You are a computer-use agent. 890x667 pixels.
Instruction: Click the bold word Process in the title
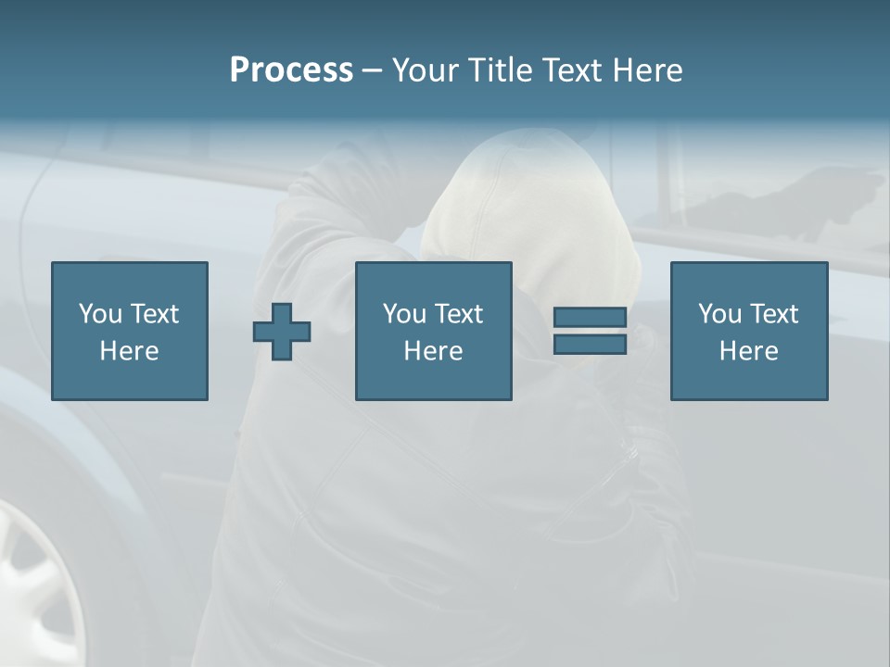[x=291, y=70]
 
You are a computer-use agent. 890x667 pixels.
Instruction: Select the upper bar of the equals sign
[x=590, y=318]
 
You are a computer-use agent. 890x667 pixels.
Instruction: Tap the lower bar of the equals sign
[x=590, y=344]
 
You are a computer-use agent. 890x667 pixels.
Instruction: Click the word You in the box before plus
[x=100, y=314]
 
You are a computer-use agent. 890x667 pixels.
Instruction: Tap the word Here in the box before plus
[x=129, y=351]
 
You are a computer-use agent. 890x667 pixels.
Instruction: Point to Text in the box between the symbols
[x=459, y=314]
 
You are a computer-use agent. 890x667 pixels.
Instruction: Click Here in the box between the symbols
[x=433, y=351]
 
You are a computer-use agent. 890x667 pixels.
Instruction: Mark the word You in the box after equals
[x=719, y=314]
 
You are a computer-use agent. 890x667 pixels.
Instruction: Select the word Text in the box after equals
[x=774, y=314]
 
